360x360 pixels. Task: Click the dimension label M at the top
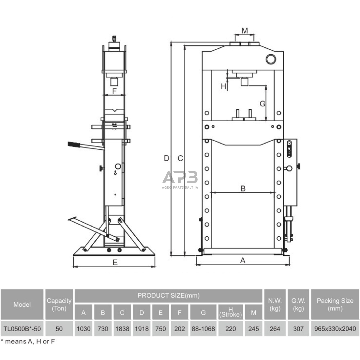245,31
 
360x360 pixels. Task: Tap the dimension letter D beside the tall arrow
166,158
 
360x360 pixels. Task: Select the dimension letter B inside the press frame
243,188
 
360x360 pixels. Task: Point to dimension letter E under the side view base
115,262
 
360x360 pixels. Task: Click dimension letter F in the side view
114,91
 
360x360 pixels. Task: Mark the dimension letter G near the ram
262,104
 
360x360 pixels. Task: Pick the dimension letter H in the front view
223,86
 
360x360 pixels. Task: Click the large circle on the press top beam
271,59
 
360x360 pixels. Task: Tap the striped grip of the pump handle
74,145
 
